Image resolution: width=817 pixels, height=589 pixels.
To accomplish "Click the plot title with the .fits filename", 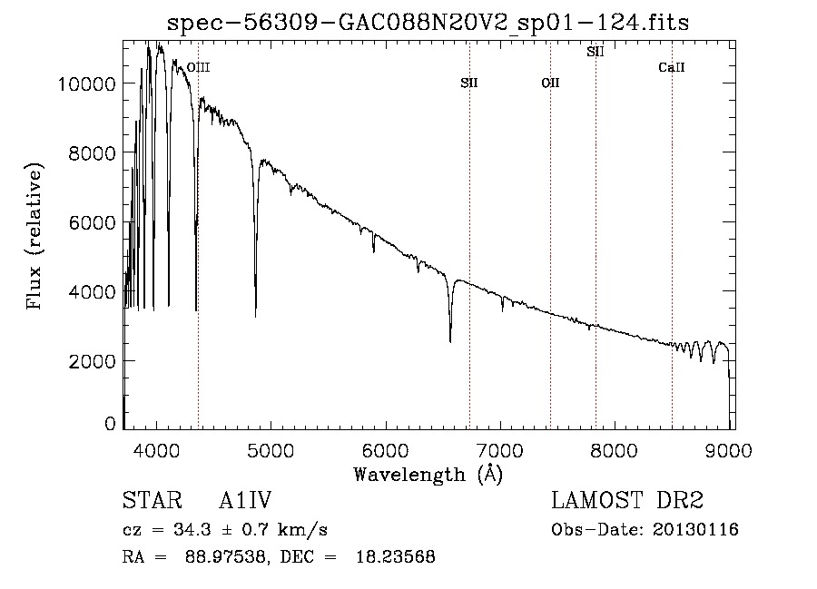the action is [428, 23].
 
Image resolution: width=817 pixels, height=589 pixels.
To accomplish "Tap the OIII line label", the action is [199, 67].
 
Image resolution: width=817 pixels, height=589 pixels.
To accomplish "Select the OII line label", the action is [550, 83].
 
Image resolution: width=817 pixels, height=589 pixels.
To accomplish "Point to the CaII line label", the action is [672, 67].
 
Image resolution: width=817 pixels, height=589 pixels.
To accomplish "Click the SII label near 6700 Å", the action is [469, 83].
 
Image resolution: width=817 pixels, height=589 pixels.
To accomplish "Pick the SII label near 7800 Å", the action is [596, 52].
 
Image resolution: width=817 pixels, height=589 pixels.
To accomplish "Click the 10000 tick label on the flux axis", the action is [86, 83].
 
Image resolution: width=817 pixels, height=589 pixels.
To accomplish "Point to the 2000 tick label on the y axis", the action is [93, 361].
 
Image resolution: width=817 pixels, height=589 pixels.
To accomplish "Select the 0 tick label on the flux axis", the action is [110, 424].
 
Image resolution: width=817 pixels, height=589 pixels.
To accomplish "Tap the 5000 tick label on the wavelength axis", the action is [271, 450].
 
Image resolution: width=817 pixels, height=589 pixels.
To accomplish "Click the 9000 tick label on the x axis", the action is [729, 450].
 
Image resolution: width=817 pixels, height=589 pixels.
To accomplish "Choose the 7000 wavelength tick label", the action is [500, 450].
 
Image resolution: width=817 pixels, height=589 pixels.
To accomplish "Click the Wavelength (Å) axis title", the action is [428, 475].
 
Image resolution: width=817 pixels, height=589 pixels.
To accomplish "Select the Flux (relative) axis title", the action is [34, 236].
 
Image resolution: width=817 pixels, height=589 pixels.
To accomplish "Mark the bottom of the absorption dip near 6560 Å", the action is [450, 341].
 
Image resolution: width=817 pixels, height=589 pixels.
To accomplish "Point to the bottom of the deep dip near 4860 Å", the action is [255, 316].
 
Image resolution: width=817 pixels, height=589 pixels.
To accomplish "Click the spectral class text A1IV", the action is [245, 500].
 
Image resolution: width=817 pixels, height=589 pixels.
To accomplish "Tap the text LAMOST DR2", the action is [627, 500].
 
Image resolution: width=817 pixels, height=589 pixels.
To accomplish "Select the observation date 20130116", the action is [695, 530].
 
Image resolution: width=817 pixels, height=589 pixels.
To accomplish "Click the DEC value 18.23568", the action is [396, 556].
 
